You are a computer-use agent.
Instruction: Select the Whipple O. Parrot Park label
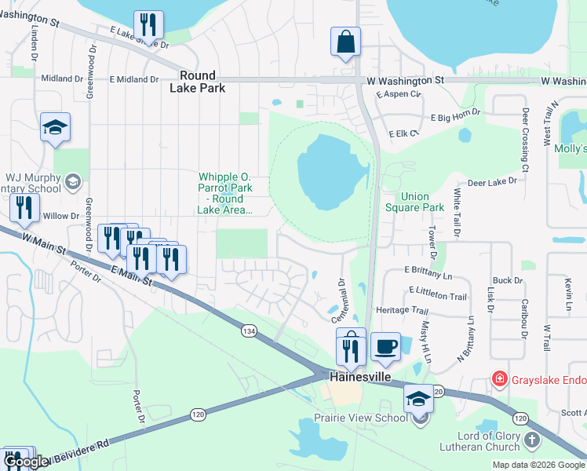point(225,193)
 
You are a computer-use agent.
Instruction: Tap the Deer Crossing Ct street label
point(525,140)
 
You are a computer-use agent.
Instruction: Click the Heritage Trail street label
point(402,310)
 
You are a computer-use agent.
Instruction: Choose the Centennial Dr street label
point(342,300)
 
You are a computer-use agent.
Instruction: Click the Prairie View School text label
point(360,418)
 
